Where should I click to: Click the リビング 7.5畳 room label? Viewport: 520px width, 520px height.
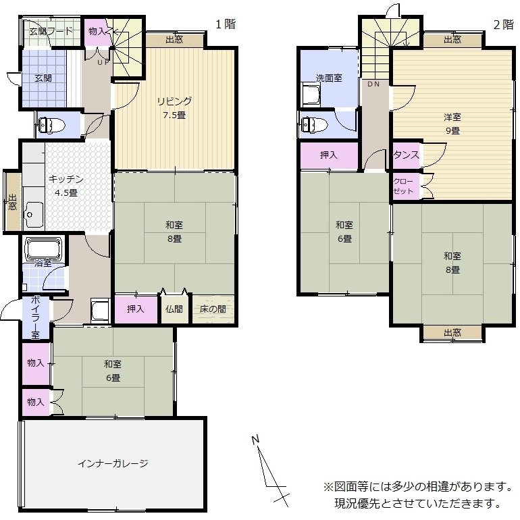pyautogui.click(x=174, y=108)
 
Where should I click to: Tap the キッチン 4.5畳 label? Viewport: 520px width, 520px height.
pyautogui.click(x=66, y=186)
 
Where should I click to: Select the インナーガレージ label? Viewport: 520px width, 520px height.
pyautogui.click(x=113, y=463)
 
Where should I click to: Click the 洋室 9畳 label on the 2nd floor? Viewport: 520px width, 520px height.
pyautogui.click(x=452, y=124)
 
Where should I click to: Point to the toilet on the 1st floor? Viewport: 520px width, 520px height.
pyautogui.click(x=52, y=125)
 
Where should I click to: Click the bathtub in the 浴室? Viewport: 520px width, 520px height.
pyautogui.click(x=44, y=249)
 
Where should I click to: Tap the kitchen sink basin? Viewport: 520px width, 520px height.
pyautogui.click(x=33, y=215)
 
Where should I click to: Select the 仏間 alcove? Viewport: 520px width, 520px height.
pyautogui.click(x=174, y=309)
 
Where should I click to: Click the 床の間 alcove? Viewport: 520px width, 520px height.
pyautogui.click(x=213, y=309)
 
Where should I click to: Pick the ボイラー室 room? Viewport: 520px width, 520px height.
pyautogui.click(x=36, y=317)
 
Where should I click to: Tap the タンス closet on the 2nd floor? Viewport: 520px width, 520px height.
pyautogui.click(x=406, y=155)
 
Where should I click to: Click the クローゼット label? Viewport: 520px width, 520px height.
pyautogui.click(x=403, y=186)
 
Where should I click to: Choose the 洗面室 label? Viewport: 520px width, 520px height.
pyautogui.click(x=329, y=78)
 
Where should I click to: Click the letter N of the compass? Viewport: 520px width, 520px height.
pyautogui.click(x=255, y=440)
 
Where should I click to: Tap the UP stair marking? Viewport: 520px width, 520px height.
pyautogui.click(x=103, y=62)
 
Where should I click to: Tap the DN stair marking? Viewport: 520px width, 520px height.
pyautogui.click(x=373, y=84)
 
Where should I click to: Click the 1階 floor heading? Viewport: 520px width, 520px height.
pyautogui.click(x=226, y=24)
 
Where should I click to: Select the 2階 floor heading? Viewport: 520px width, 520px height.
pyautogui.click(x=503, y=24)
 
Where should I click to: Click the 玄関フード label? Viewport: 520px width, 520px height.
pyautogui.click(x=51, y=32)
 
